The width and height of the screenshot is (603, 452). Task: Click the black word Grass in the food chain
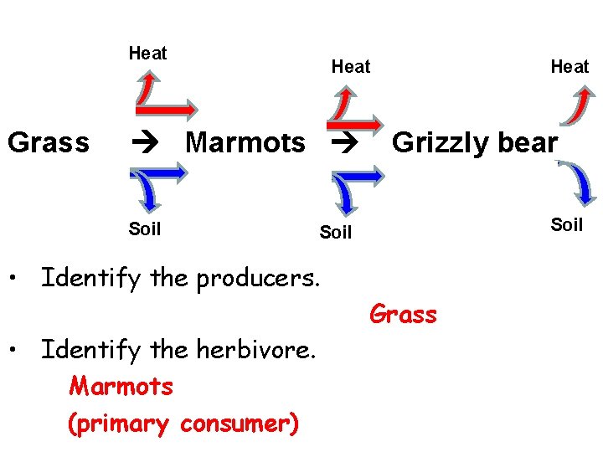pyautogui.click(x=48, y=143)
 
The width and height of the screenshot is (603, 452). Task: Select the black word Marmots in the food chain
pyautogui.click(x=245, y=143)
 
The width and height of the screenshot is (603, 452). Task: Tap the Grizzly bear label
pyautogui.click(x=474, y=143)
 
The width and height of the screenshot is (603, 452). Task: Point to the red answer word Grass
pyautogui.click(x=403, y=315)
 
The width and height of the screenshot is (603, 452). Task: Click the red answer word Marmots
pyautogui.click(x=121, y=387)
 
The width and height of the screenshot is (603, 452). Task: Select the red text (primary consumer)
pyautogui.click(x=183, y=424)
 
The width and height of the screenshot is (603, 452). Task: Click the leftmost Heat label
pyautogui.click(x=147, y=54)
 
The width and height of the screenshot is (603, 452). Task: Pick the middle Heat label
pyautogui.click(x=350, y=66)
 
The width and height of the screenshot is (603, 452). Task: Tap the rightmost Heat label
pyautogui.click(x=569, y=66)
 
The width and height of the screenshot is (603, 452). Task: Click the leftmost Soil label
pyautogui.click(x=145, y=229)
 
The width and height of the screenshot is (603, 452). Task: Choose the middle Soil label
pyautogui.click(x=336, y=233)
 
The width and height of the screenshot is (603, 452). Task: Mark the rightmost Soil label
pyautogui.click(x=566, y=224)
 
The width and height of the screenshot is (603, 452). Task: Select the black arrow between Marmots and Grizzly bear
pyautogui.click(x=343, y=143)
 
